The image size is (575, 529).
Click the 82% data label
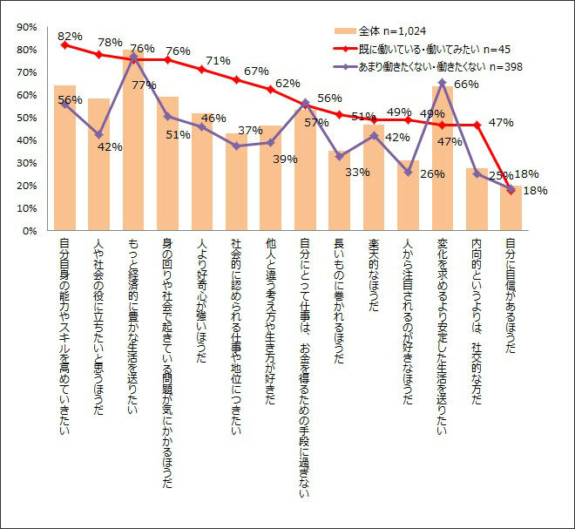(x=70, y=36)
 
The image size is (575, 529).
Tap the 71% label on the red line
(x=218, y=61)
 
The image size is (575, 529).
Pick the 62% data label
(x=287, y=84)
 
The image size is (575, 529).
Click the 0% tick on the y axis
(x=29, y=231)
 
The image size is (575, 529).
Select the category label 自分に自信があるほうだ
(x=510, y=296)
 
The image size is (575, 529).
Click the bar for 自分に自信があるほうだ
(x=511, y=208)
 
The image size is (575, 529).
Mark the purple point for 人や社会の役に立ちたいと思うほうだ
(x=99, y=135)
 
